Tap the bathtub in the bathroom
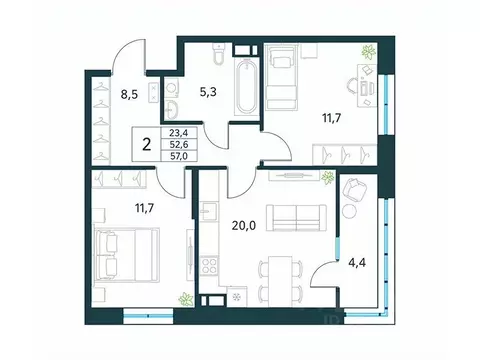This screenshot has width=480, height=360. point(243,87)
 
